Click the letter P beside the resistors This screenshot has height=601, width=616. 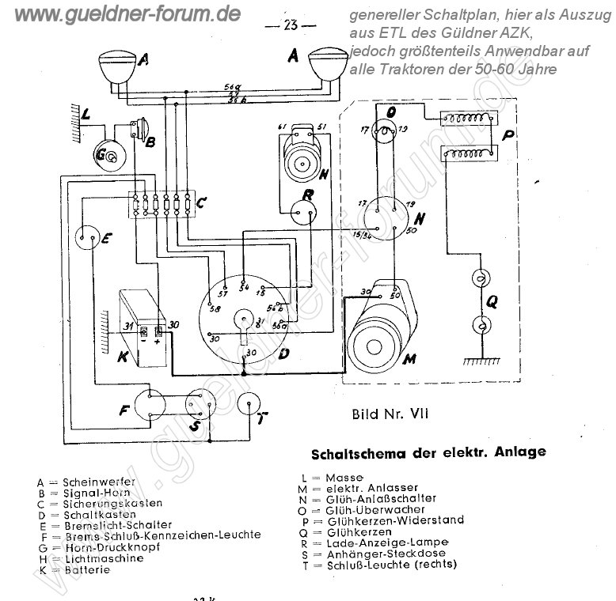[508, 137]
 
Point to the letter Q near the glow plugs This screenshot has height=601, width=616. [492, 300]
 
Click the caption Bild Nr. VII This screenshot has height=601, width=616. [390, 413]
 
